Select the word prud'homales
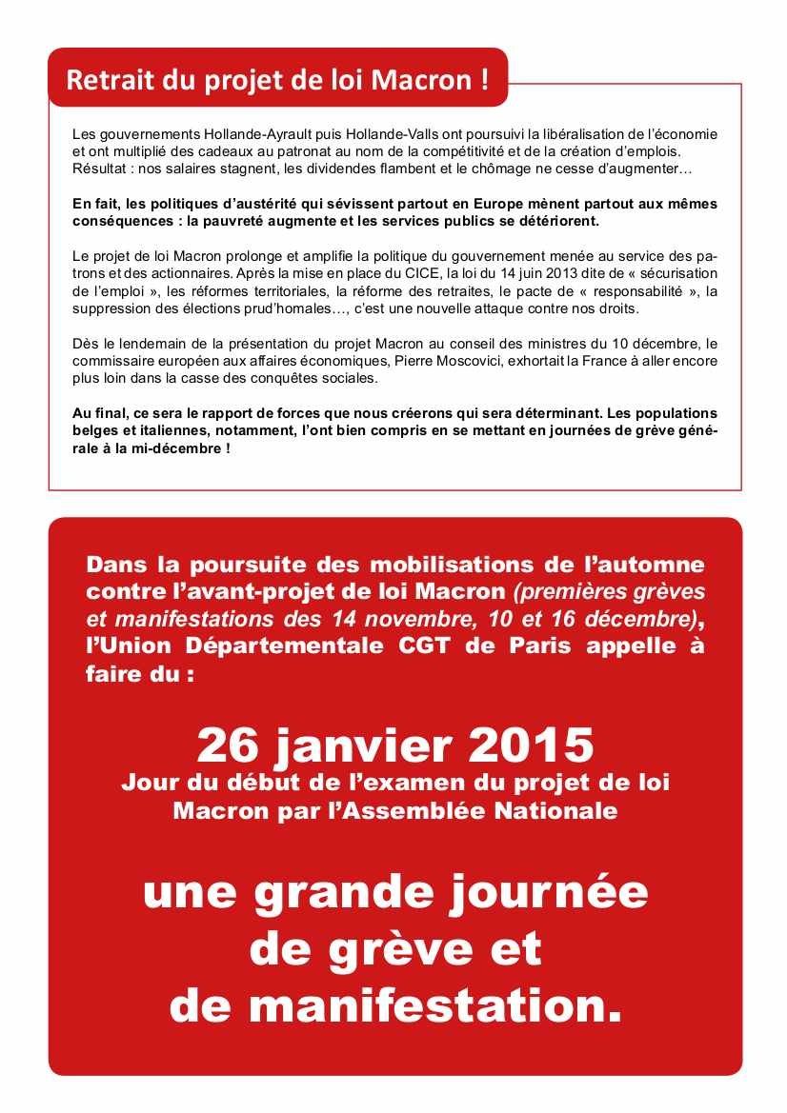pyautogui.click(x=281, y=309)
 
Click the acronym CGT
pyautogui.click(x=429, y=645)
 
